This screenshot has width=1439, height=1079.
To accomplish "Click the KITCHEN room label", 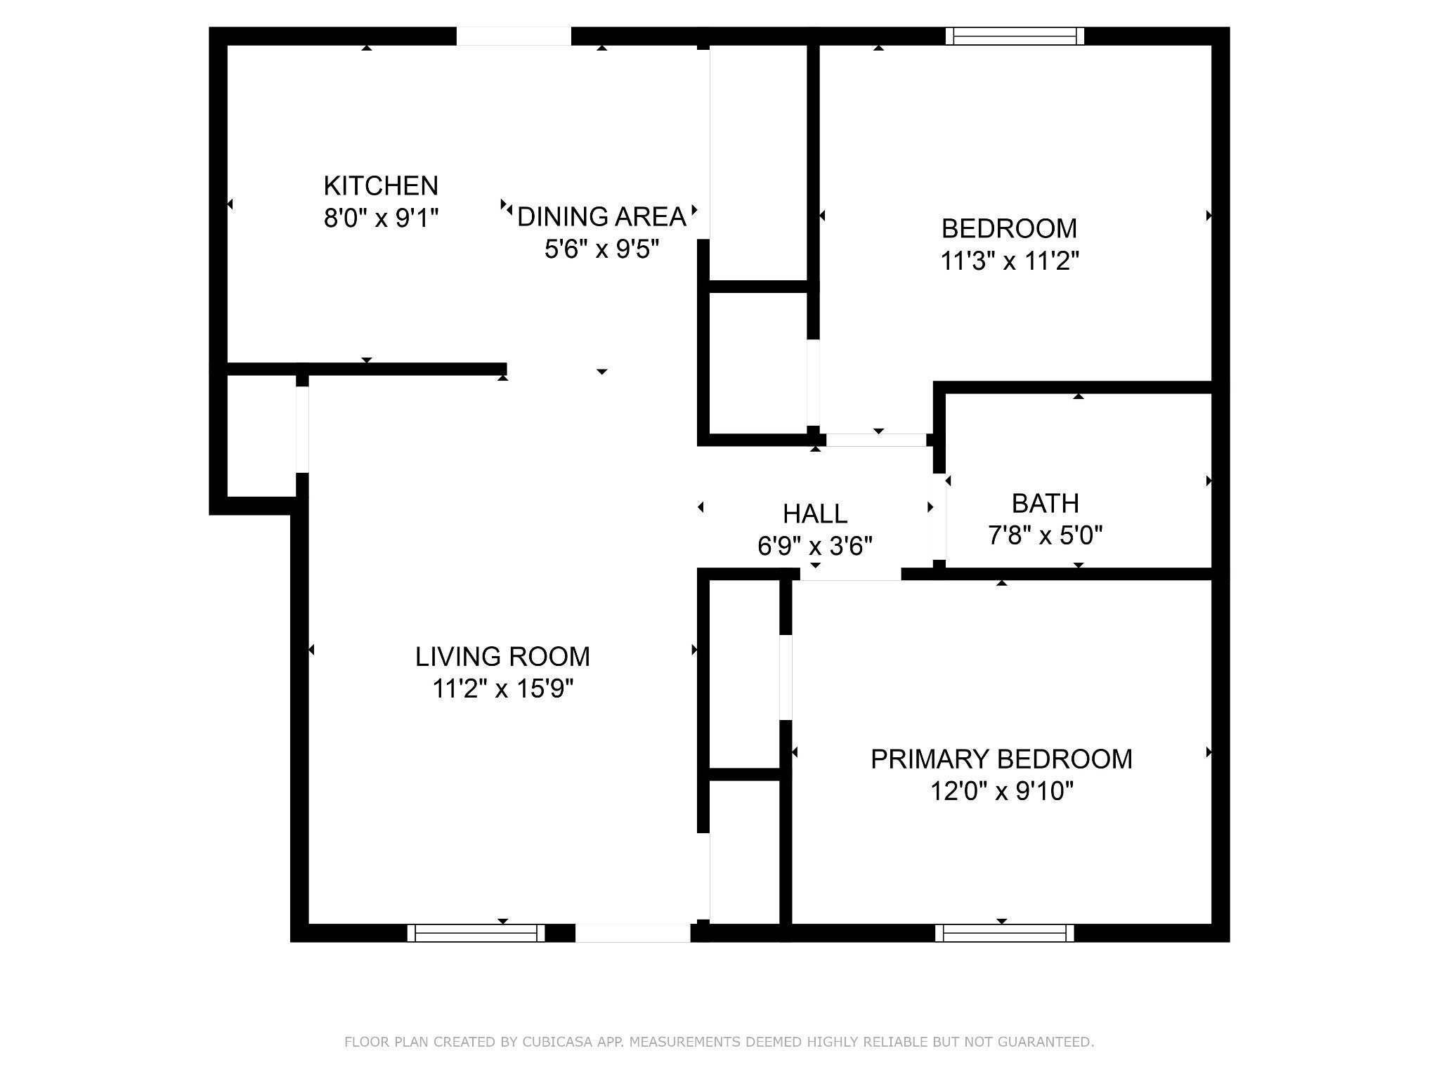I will [381, 186].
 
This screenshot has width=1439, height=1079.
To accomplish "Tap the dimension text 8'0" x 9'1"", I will [381, 218].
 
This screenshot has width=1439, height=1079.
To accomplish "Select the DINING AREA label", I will [601, 217].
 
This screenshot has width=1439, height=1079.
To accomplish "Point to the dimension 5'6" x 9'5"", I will [601, 249].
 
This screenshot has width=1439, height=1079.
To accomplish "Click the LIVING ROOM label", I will [502, 657].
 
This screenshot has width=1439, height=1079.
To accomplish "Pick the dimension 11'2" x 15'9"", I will [502, 689].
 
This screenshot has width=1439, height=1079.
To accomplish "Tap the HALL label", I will [815, 514].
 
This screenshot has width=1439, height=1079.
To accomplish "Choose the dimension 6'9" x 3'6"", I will [815, 546].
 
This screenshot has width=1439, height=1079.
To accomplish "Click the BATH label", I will [1045, 504].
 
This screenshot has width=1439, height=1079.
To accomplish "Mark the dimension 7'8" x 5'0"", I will [1045, 536].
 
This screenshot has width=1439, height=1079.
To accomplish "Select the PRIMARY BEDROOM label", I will [1001, 759].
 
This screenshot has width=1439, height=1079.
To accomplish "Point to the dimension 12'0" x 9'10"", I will [1001, 792].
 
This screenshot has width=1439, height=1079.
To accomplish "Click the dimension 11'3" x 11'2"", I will [1009, 261].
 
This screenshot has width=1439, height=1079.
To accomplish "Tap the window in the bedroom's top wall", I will [1014, 36].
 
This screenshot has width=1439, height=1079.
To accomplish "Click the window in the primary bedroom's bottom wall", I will [1004, 933].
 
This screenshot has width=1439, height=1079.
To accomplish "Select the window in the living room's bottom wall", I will [476, 933].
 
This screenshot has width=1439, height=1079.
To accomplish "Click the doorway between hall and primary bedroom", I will [850, 574].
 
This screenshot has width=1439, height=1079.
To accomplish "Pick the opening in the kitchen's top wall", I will [514, 36].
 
